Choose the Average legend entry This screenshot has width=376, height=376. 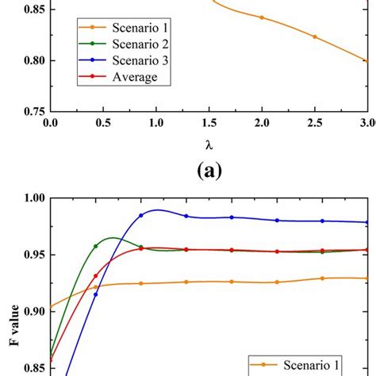click(110, 76)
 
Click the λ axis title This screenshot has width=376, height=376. click(208, 146)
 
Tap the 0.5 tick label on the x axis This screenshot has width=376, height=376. click(102, 123)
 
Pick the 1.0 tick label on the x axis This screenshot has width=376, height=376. click(155, 123)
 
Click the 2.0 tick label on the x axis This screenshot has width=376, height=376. click(262, 123)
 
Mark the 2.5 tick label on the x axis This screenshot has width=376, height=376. click(315, 123)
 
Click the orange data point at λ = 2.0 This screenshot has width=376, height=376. click(262, 17)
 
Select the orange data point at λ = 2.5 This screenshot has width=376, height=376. click(315, 36)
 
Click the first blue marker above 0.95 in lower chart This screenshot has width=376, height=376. click(141, 215)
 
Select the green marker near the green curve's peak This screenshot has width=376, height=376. click(96, 246)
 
